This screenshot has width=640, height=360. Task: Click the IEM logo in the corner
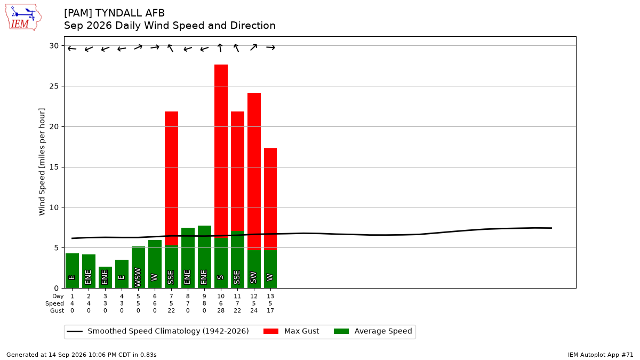point(23,17)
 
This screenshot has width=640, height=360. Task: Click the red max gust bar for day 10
point(221,151)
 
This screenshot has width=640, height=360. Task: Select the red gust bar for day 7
point(171,178)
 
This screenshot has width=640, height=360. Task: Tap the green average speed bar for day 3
point(106,277)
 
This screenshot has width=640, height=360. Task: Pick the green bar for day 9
point(204,257)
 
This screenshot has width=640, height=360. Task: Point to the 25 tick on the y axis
point(54,86)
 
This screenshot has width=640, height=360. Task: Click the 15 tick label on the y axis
point(54,167)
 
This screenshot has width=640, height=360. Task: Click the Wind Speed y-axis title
point(42,162)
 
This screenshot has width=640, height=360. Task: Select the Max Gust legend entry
point(291,331)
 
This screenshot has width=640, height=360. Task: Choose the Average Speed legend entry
point(373,331)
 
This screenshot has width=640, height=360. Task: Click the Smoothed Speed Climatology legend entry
point(158,331)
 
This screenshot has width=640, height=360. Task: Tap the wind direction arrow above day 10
point(220,47)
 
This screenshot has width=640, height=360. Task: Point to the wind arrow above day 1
point(71,49)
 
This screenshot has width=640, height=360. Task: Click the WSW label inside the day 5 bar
point(138,277)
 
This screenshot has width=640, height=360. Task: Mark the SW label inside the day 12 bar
point(253,277)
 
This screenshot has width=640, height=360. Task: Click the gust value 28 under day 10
point(221,310)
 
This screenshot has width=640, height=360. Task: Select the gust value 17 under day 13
point(270,310)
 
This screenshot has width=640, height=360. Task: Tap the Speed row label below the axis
point(54,303)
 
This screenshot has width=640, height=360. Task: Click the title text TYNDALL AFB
point(130,13)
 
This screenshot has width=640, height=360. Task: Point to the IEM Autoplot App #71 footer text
point(601,355)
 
